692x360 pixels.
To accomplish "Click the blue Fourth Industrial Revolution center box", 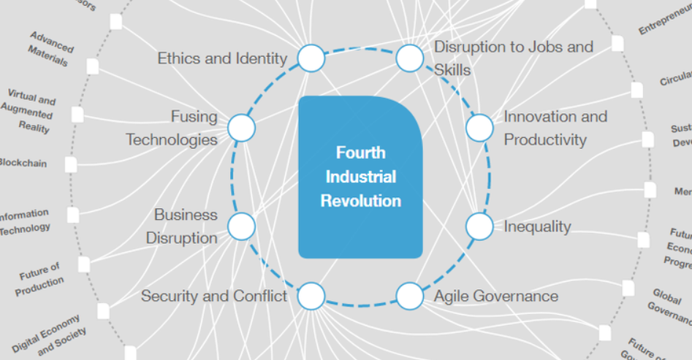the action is [360, 177].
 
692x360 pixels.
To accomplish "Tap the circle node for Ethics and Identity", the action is [311, 58].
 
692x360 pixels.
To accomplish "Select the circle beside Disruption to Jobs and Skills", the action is [410, 58].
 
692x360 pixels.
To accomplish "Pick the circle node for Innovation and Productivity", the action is [479, 128].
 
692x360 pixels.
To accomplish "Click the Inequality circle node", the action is [479, 226].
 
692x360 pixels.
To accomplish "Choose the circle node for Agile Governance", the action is [410, 296].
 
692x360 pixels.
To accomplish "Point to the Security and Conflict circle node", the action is [311, 296].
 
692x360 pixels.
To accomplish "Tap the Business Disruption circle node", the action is [242, 226].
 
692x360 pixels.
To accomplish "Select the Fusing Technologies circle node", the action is [242, 128].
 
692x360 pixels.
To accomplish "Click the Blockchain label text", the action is [22, 162].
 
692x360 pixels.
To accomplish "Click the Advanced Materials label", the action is [50, 49].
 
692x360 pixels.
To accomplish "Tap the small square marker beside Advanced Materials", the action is [93, 66].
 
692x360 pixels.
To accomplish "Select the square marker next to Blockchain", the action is [71, 165].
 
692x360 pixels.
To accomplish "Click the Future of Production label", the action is [41, 280].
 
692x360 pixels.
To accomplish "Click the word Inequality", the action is [537, 226].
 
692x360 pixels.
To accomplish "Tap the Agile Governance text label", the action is [496, 296].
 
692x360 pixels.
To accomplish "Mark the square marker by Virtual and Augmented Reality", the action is [77, 115].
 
